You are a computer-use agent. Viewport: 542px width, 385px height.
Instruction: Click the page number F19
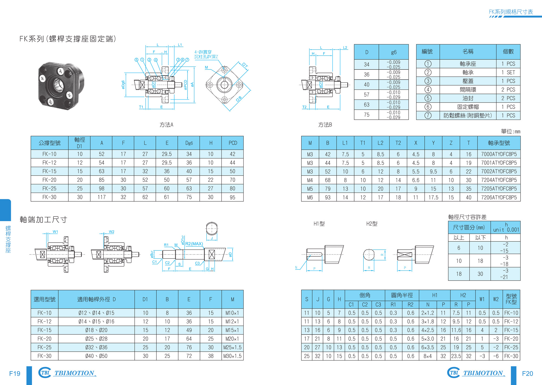click(15, 374)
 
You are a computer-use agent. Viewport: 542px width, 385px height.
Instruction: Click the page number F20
click(527, 374)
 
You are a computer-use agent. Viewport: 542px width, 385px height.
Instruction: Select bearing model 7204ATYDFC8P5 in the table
click(499, 180)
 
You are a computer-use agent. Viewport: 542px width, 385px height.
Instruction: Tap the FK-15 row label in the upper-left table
click(49, 171)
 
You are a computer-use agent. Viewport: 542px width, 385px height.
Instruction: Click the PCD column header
click(233, 143)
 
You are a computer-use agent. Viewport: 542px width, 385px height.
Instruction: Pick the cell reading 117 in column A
click(102, 197)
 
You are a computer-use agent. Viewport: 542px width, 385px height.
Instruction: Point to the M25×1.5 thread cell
click(233, 347)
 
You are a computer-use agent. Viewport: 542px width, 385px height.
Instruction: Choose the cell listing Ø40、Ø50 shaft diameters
click(96, 356)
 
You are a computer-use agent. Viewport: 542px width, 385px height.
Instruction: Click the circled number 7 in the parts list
click(428, 115)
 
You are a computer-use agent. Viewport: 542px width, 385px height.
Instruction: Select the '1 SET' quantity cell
click(508, 72)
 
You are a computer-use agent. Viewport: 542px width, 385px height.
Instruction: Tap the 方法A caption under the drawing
click(166, 125)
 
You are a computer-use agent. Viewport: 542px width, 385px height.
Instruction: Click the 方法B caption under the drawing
click(325, 125)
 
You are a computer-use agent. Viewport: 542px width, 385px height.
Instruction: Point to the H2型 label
click(372, 224)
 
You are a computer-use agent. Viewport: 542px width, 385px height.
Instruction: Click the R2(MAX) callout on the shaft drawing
click(194, 244)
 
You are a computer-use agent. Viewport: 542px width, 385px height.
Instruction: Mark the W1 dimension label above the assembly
click(55, 232)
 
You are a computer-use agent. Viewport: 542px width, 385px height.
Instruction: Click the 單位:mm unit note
click(511, 132)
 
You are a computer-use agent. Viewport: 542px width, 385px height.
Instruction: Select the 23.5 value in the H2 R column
click(456, 356)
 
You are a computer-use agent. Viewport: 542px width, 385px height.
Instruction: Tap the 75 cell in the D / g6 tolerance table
click(367, 115)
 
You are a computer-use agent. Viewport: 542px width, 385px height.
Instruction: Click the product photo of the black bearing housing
click(61, 85)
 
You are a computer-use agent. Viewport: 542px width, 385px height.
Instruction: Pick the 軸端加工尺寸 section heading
click(43, 219)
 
